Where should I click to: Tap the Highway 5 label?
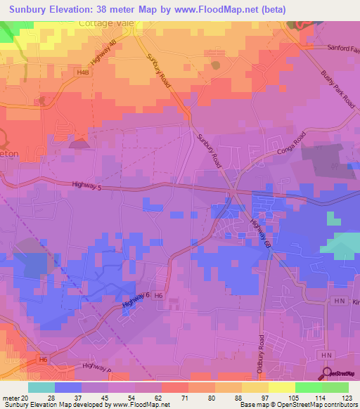(87, 186)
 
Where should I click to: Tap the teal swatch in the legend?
(41, 387)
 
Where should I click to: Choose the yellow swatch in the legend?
(255, 387)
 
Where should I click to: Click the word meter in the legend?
(11, 397)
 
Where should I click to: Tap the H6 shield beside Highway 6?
(160, 295)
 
